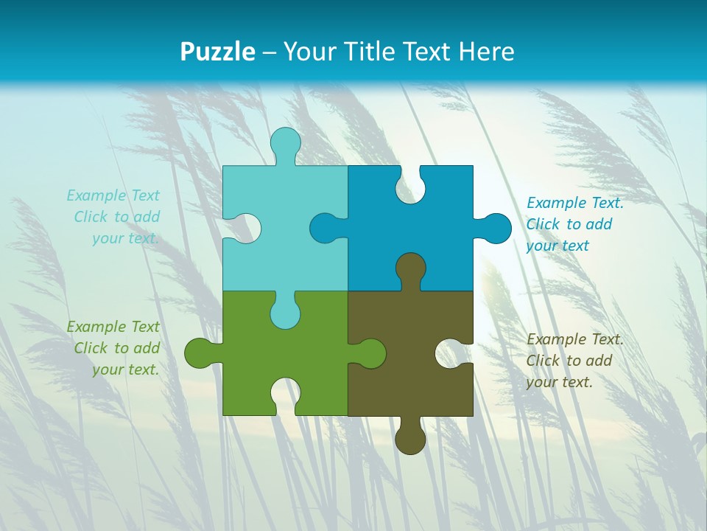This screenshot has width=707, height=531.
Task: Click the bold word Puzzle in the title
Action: coord(217,52)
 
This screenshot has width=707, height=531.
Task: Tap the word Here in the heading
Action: coord(485,52)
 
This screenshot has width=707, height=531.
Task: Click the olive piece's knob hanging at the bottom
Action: coord(410,437)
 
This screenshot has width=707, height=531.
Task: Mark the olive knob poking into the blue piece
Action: coord(410,269)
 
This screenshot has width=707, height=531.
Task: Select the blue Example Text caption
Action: coord(574,224)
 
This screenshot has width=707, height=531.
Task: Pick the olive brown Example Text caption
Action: coord(574,361)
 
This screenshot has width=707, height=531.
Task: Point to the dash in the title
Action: coord(269,52)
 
